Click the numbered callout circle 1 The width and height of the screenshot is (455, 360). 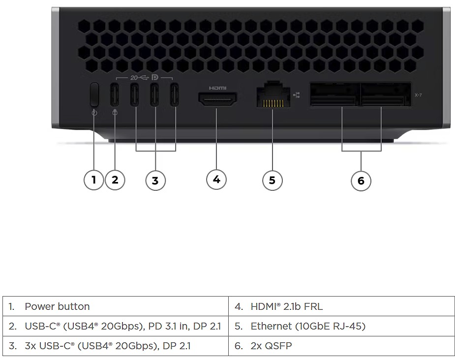(x=93, y=180)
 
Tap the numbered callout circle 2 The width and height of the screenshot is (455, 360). (x=115, y=180)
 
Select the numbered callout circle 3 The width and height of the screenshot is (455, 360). (x=155, y=180)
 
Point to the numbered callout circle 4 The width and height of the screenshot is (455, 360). (x=216, y=180)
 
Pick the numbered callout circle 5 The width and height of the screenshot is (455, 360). (x=272, y=180)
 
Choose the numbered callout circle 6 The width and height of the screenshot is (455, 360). (x=361, y=180)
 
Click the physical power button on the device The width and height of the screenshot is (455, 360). (x=94, y=94)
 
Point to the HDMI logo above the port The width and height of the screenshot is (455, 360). (x=217, y=88)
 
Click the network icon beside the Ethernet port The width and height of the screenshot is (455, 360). (x=296, y=94)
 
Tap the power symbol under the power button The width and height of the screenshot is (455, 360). (x=94, y=113)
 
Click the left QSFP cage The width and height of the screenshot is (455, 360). (x=333, y=94)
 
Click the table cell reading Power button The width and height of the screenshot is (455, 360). (x=116, y=306)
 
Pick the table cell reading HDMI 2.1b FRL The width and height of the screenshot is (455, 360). (x=341, y=306)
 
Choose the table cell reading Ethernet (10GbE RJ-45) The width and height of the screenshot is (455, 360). (x=341, y=326)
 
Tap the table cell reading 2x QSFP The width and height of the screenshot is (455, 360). (x=341, y=346)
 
